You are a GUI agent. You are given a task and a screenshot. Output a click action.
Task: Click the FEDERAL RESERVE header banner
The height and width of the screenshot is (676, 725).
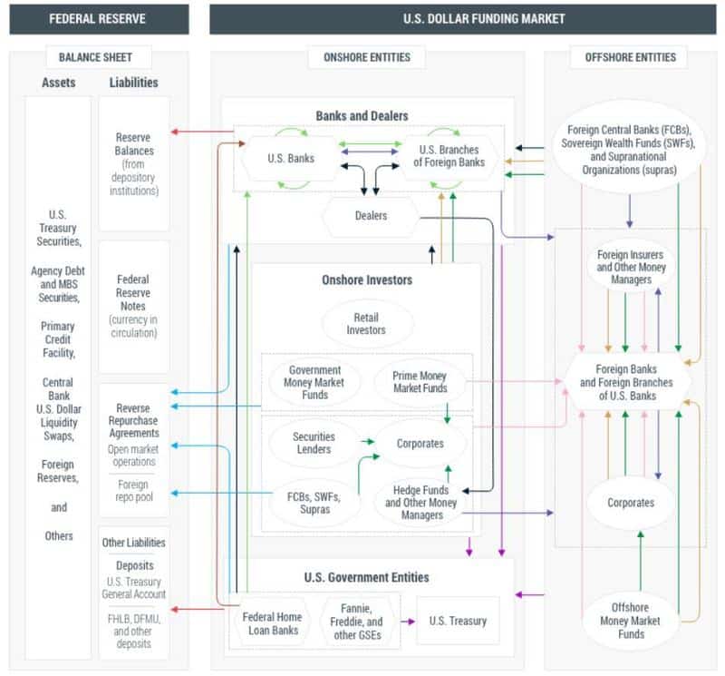99,19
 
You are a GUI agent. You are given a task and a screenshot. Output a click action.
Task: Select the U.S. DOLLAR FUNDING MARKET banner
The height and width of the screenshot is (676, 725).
463,19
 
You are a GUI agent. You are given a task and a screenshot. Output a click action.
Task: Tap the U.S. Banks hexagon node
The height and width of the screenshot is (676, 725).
291,159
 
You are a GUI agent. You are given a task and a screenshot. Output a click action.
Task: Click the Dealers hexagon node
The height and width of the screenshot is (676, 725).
371,216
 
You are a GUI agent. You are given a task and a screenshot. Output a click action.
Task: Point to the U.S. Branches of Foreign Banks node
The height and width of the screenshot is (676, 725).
449,156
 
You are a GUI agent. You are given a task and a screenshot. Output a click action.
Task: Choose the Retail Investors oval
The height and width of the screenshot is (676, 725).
366,324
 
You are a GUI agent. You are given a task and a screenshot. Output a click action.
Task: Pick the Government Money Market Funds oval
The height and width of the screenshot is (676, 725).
314,382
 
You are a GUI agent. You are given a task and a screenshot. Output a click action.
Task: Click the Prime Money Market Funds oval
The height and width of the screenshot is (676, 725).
420,382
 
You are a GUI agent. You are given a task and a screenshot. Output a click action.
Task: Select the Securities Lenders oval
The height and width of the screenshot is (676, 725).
314,443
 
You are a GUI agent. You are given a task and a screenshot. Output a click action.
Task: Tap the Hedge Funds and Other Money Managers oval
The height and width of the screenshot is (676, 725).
420,503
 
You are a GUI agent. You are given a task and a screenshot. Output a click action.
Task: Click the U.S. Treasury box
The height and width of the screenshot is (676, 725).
458,621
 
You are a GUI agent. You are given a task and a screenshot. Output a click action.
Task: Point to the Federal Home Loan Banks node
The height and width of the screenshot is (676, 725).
272,623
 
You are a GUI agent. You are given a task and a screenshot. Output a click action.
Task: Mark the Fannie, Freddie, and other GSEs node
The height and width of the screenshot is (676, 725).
356,622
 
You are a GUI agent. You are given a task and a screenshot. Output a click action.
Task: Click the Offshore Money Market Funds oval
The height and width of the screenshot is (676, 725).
630,621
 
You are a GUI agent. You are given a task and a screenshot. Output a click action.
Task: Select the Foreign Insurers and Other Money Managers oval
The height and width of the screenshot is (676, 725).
631,267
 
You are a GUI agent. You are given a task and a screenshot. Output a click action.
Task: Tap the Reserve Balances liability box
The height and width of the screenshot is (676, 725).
134,163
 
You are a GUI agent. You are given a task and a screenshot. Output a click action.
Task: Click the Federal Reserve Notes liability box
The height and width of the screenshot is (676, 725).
134,307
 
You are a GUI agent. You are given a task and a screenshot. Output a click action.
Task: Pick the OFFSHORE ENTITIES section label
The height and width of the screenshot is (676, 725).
630,57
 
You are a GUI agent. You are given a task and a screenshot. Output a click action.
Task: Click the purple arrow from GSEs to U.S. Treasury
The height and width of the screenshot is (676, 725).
408,622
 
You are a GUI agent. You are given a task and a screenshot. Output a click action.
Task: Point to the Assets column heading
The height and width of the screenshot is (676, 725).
58,83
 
